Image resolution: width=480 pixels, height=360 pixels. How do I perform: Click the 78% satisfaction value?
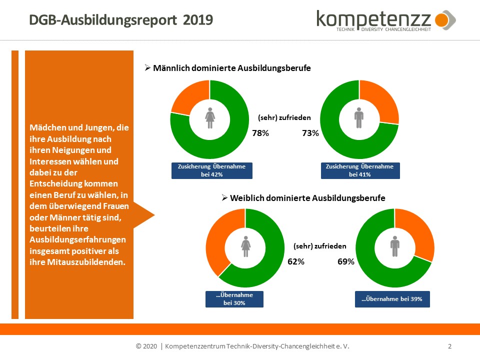point(260,133)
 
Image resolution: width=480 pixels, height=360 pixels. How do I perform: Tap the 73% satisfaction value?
point(310,133)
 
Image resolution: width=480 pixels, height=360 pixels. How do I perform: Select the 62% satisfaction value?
point(295,261)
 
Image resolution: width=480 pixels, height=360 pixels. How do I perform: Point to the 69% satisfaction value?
point(346,261)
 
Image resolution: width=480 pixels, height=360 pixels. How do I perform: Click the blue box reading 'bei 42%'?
point(211,170)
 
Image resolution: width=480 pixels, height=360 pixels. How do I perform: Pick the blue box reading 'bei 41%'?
point(359,170)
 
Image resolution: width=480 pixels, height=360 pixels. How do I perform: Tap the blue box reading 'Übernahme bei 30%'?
point(234,299)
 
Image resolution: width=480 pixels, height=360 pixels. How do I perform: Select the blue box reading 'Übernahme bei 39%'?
point(392,299)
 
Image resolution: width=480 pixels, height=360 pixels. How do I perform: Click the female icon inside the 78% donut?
point(209,117)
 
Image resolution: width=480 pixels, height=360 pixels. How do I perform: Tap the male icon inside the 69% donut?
point(395,246)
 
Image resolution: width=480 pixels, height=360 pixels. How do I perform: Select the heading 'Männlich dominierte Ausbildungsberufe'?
point(231,68)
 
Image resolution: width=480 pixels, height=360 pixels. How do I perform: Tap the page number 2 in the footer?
point(450,346)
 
